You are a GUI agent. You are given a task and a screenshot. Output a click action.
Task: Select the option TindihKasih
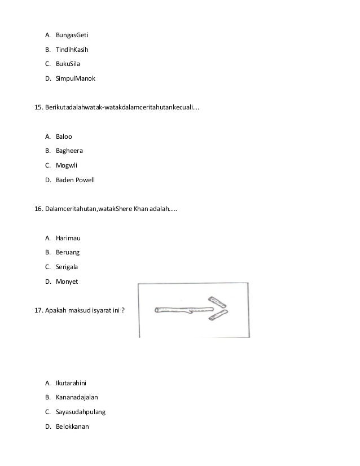click(x=72, y=49)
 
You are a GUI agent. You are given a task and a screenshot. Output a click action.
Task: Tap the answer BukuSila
click(x=68, y=64)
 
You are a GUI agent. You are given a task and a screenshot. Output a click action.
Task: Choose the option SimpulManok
click(x=75, y=78)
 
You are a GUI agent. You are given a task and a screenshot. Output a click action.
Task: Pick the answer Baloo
click(x=64, y=136)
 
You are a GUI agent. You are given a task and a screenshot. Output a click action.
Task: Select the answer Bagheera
click(x=69, y=151)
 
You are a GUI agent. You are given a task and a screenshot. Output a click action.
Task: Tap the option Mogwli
click(x=67, y=165)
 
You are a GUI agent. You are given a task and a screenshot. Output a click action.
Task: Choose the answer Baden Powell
click(x=75, y=180)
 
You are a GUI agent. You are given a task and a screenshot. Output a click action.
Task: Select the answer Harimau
click(x=68, y=238)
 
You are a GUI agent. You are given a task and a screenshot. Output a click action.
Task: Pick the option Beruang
click(x=68, y=253)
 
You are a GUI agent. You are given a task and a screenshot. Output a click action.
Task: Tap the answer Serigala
click(x=68, y=267)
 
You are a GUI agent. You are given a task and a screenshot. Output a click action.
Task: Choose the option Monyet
click(x=67, y=282)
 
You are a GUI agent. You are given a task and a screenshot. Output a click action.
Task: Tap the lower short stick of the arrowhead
click(x=218, y=316)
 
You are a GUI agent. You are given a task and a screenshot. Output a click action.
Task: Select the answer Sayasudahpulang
click(x=80, y=412)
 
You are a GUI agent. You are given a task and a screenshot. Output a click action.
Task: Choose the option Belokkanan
click(x=73, y=427)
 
